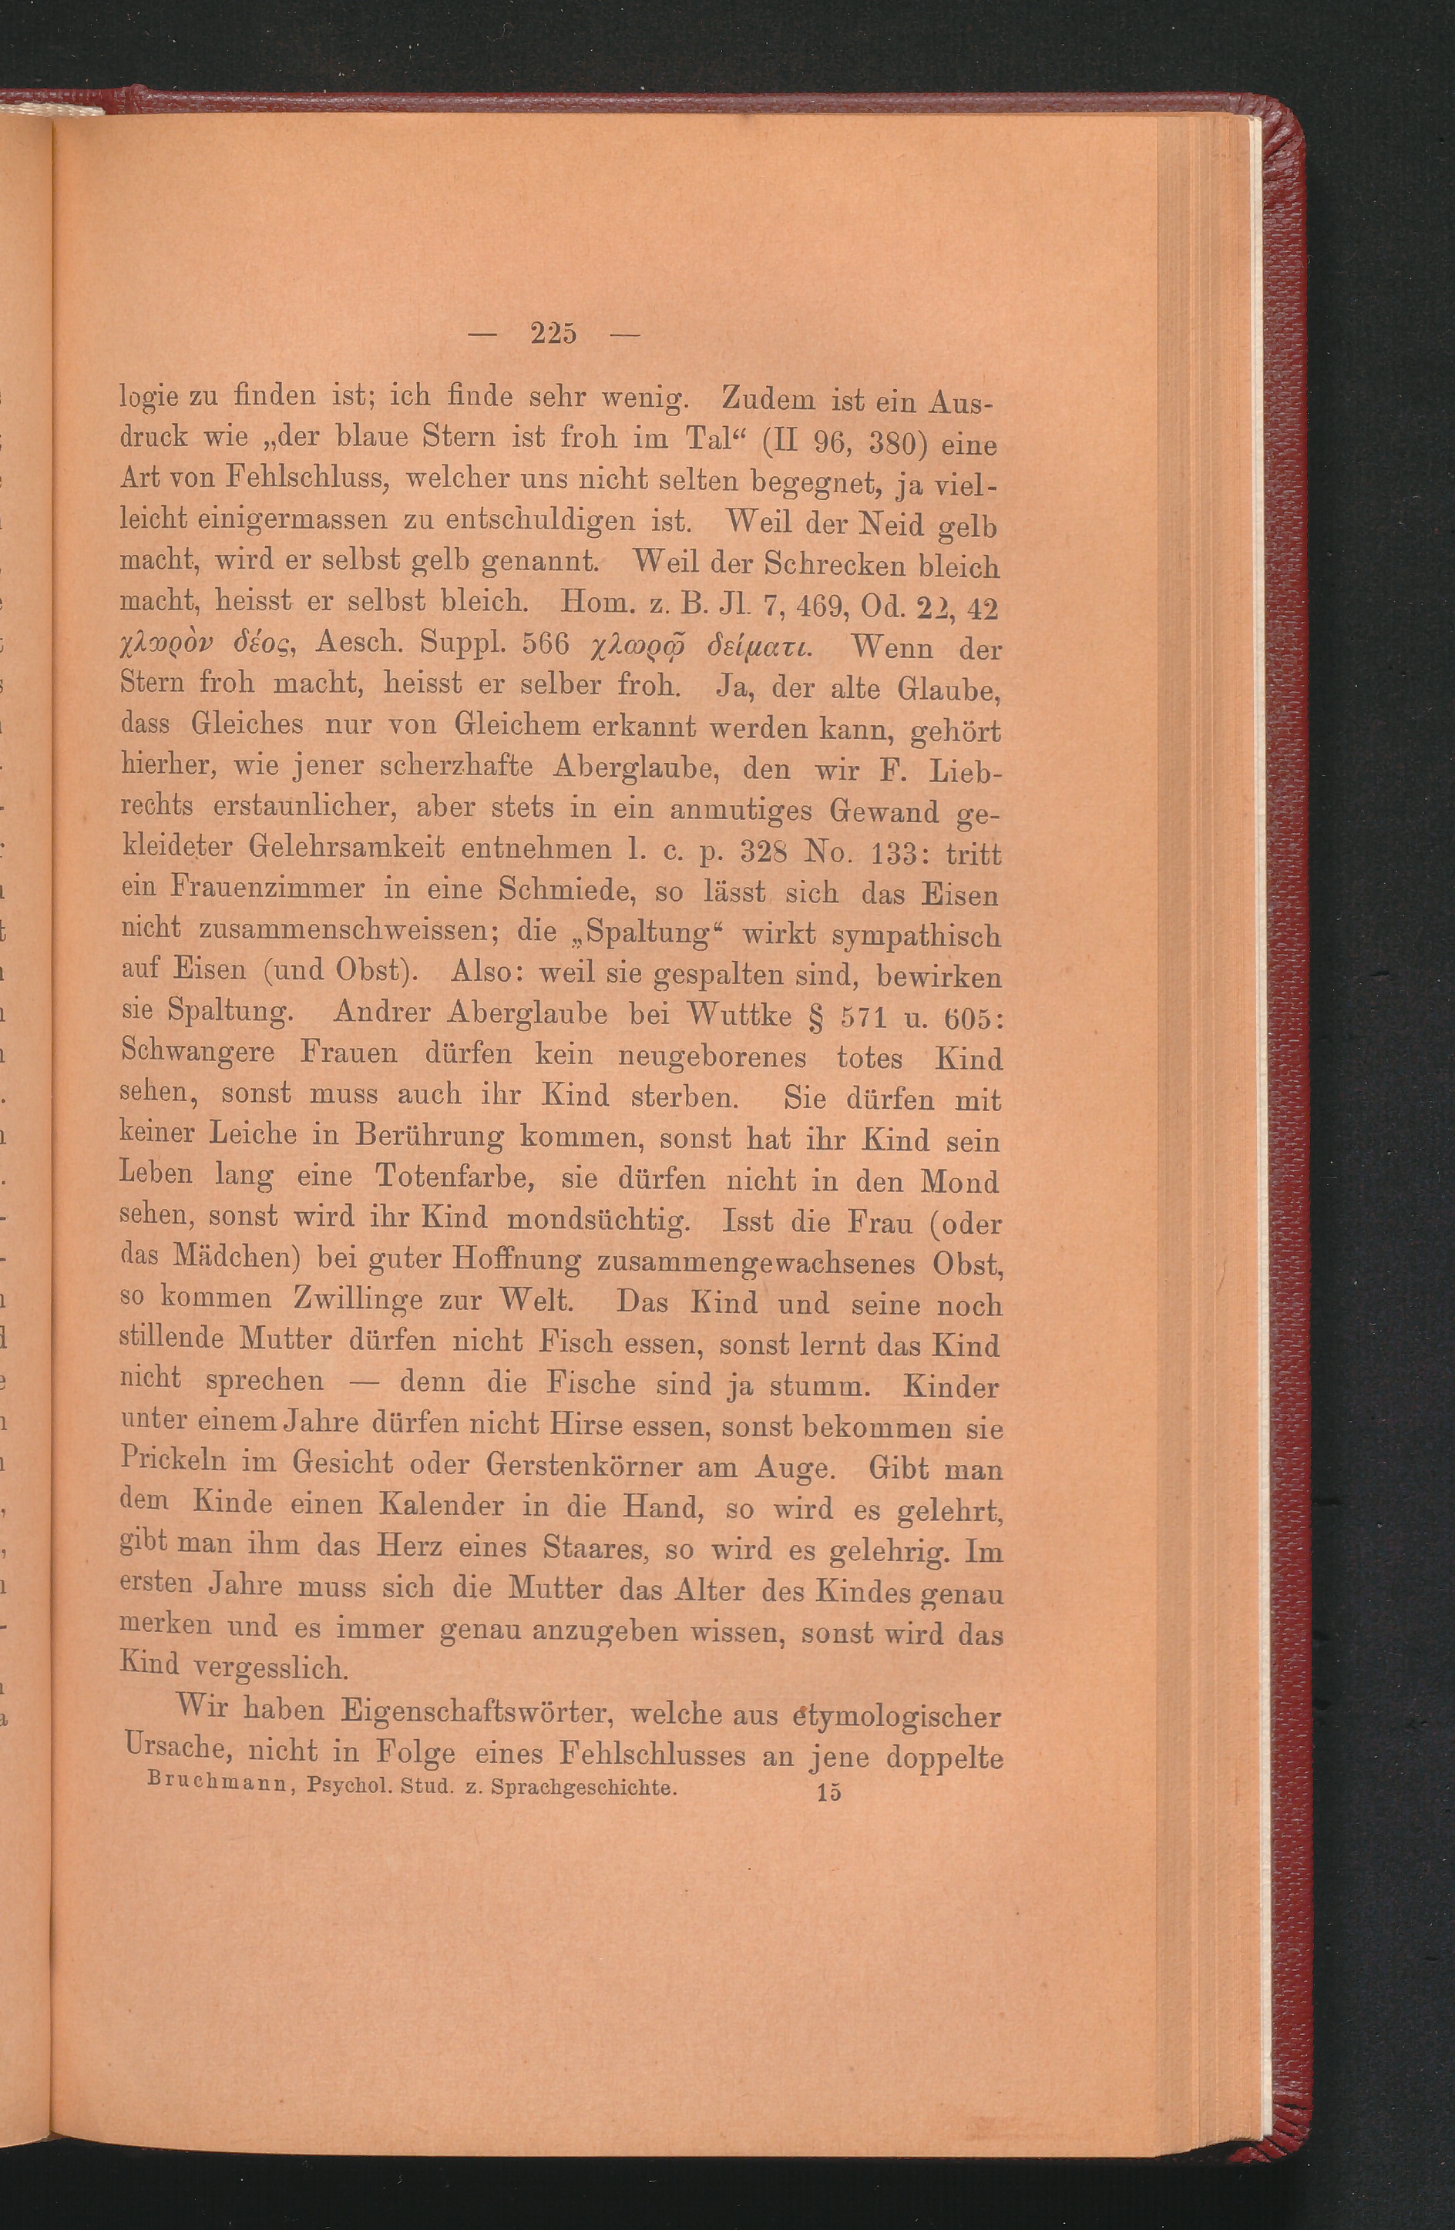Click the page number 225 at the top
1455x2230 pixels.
pyautogui.click(x=553, y=334)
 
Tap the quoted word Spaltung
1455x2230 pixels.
pyautogui.click(x=642, y=933)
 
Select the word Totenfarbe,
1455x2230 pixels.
pyautogui.click(x=453, y=1177)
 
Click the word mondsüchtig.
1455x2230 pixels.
pyautogui.click(x=599, y=1219)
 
